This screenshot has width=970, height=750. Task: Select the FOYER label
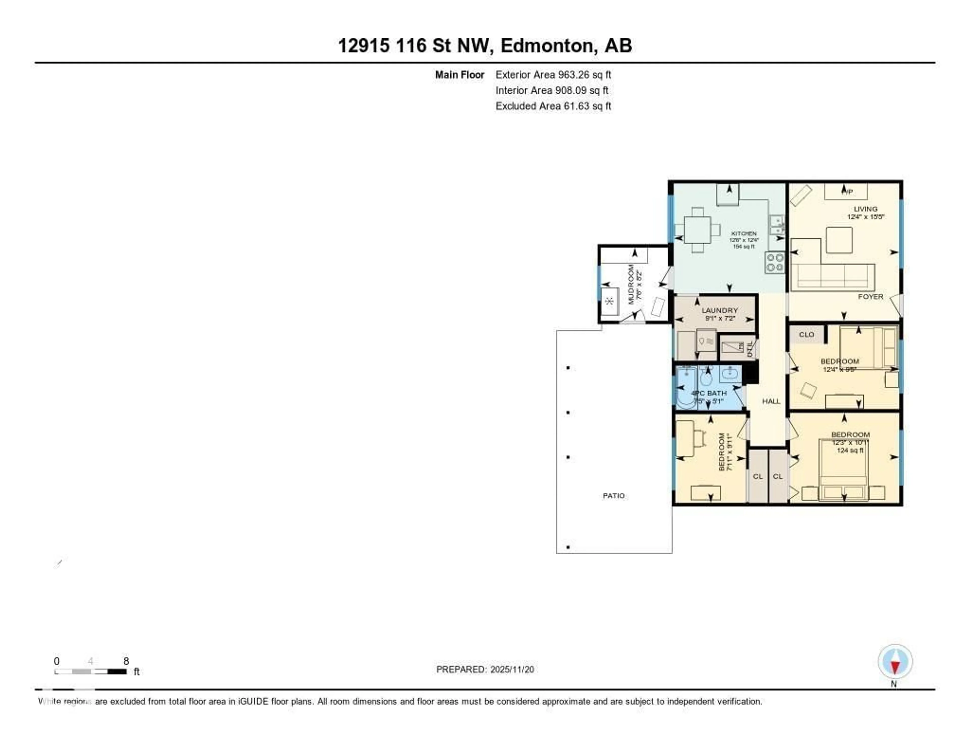click(x=870, y=297)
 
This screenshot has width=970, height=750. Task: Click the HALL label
click(x=771, y=401)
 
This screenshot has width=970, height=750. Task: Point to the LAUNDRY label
click(x=719, y=310)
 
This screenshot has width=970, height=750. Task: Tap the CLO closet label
click(x=807, y=334)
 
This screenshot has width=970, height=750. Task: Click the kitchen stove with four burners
click(x=774, y=262)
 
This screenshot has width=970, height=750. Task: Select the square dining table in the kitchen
click(x=697, y=230)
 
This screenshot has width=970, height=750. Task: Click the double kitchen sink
click(x=776, y=225)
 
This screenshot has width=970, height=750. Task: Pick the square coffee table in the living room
click(x=839, y=240)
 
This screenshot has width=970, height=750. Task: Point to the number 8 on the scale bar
click(x=126, y=661)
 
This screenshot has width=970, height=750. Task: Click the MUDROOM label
click(x=631, y=284)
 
